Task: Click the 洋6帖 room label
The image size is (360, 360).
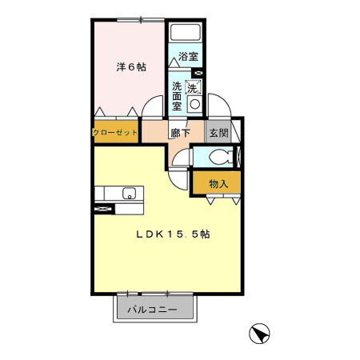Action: click(x=130, y=68)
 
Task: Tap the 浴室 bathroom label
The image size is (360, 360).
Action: click(x=188, y=57)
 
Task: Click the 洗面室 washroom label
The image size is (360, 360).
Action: click(x=177, y=94)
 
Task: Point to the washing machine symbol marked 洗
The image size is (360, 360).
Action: click(x=193, y=86)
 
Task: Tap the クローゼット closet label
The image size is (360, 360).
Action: click(x=116, y=131)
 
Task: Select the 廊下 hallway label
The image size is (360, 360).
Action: click(x=180, y=133)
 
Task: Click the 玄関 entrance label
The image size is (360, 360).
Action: click(x=218, y=133)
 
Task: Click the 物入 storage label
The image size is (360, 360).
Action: click(x=218, y=183)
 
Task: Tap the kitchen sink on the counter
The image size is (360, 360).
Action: click(x=128, y=194)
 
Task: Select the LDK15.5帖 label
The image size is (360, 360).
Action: click(x=172, y=234)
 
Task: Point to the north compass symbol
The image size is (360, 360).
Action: click(x=259, y=333)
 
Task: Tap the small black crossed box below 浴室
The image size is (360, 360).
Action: click(x=198, y=73)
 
